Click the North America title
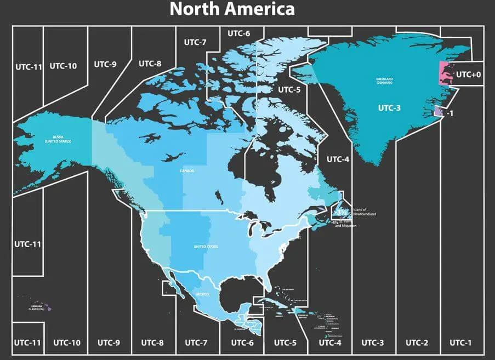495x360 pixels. pos(232,9)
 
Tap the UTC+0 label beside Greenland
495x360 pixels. pos(469,74)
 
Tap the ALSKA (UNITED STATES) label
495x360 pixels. pos(58,139)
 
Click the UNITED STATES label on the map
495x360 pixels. pos(206,247)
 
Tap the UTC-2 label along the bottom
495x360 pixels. pos(417,342)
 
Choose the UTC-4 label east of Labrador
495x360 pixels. pos(338,159)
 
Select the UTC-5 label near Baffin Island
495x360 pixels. pos(289,89)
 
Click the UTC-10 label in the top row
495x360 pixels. pos(63,66)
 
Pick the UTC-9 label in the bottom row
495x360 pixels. pos(109,342)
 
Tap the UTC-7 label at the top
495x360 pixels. pos(195,42)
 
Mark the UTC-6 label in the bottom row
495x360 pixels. pos(242,342)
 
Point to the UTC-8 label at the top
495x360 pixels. pos(150,64)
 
